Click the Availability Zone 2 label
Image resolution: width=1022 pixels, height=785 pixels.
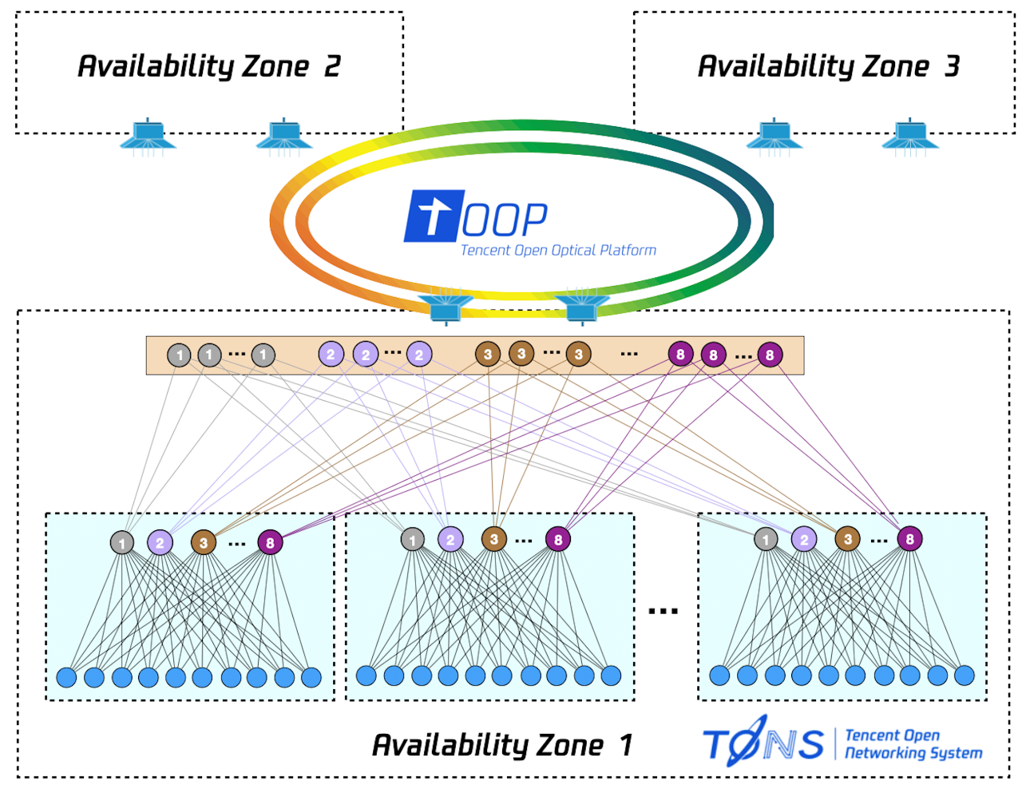pyautogui.click(x=208, y=66)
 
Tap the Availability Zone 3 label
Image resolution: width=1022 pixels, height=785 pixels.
pyautogui.click(x=828, y=66)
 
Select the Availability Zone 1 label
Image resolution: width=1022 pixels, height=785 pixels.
pyautogui.click(x=502, y=745)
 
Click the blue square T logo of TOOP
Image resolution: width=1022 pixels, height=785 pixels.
pyautogui.click(x=434, y=216)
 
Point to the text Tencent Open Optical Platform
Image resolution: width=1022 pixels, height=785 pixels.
pyautogui.click(x=558, y=251)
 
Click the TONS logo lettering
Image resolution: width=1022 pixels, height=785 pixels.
pyautogui.click(x=763, y=742)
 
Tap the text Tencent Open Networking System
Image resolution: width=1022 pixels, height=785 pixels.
pyautogui.click(x=913, y=744)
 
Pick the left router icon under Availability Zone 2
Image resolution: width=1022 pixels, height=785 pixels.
pyautogui.click(x=148, y=136)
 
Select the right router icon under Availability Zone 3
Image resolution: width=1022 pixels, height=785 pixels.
pyautogui.click(x=910, y=136)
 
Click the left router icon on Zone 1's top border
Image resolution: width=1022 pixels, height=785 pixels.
pyautogui.click(x=446, y=307)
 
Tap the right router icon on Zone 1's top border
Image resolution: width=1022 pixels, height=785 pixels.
pyautogui.click(x=582, y=307)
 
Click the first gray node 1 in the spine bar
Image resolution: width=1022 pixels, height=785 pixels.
pyautogui.click(x=179, y=355)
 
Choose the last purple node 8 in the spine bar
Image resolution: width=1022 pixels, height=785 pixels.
pyautogui.click(x=770, y=355)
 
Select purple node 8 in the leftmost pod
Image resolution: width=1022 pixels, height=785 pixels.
pyautogui.click(x=270, y=543)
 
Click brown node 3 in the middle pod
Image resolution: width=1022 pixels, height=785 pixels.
pyautogui.click(x=494, y=539)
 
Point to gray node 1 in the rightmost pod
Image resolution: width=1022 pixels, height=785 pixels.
pyautogui.click(x=766, y=539)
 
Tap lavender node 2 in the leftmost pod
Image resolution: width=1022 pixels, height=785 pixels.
pyautogui.click(x=160, y=543)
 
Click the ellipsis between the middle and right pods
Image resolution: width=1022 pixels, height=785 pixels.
pyautogui.click(x=663, y=611)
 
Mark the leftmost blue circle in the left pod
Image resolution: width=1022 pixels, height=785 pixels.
pyautogui.click(x=67, y=678)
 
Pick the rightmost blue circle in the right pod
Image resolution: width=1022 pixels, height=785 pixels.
pyautogui.click(x=965, y=676)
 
